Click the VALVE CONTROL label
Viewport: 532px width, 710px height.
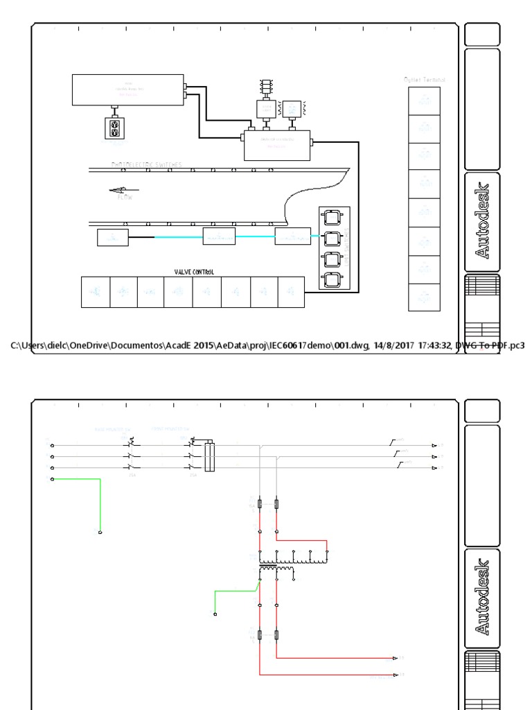pos(194,272)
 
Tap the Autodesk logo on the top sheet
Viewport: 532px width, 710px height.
pos(483,220)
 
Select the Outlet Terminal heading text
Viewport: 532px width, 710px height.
pos(425,80)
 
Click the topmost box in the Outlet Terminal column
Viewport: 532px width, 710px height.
pos(425,101)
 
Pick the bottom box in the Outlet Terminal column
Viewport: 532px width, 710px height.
pos(425,297)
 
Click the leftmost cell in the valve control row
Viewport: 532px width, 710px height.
pos(95,292)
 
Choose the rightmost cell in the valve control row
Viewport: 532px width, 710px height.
pos(290,292)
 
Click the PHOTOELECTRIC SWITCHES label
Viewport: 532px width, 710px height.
pos(147,165)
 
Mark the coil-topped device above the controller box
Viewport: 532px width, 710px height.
pos(265,87)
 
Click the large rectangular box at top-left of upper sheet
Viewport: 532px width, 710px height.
pos(128,89)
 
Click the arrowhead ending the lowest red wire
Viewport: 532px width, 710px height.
pos(396,674)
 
